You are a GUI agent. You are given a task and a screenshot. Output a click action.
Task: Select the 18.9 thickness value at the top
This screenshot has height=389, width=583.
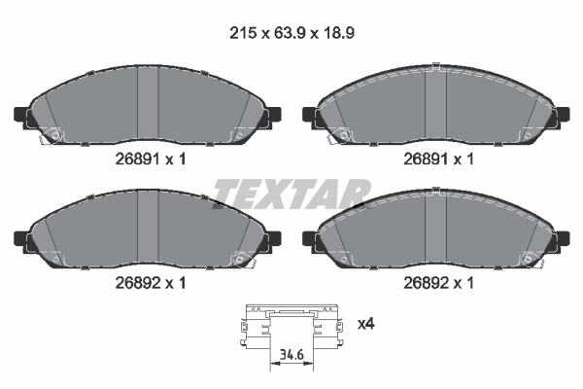click(x=335, y=32)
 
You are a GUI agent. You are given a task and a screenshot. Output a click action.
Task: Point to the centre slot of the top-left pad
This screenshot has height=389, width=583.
click(x=148, y=107)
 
